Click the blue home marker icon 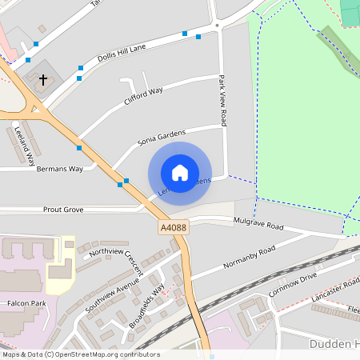pos(180,173)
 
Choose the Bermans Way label pos(63,169)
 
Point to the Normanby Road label pos(249,257)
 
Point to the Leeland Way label pos(23,145)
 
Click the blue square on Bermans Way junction pos(79,148)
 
